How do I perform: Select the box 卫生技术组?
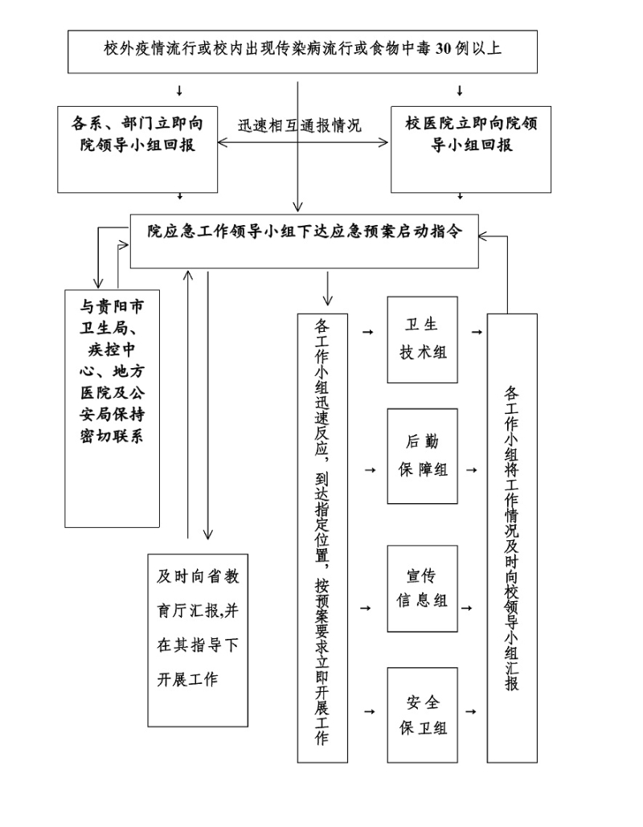423,339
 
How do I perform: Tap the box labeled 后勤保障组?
423,456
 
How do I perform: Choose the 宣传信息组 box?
423,588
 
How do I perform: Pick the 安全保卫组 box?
423,714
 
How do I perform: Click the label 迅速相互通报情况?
300,126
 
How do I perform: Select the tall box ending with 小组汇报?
512,538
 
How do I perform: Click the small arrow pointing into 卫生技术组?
369,331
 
